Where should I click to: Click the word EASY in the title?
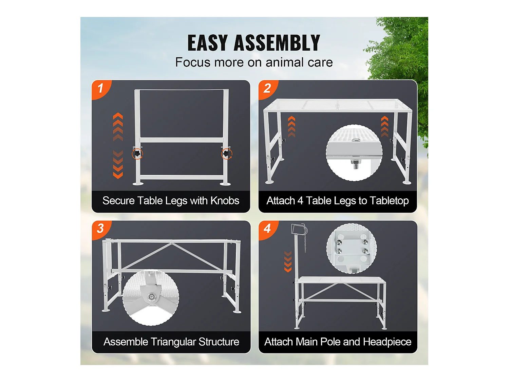pos(207,43)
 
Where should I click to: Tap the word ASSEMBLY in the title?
pos(277,43)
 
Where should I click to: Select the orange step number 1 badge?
pos(101,89)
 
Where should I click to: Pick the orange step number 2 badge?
pos(268,89)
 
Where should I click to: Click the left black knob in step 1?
pos(137,153)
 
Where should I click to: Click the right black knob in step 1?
pos(226,153)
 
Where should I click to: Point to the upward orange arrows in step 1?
pos(118,127)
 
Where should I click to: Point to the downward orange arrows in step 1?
pos(118,164)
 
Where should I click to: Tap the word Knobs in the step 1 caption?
pos(225,201)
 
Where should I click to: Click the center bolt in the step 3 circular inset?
pos(151,296)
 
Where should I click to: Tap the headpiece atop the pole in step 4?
pos(298,229)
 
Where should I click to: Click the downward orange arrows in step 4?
pos(288,261)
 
